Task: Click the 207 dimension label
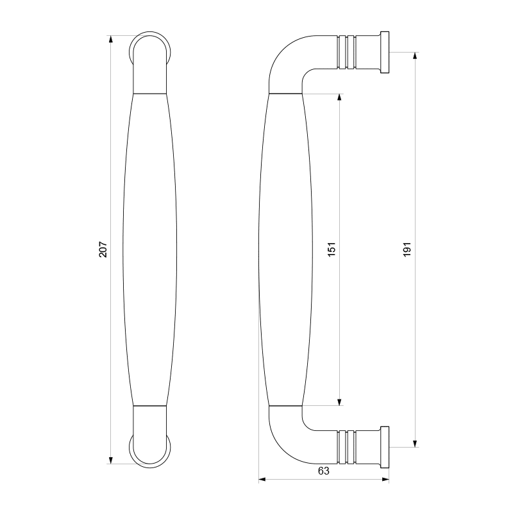pyautogui.click(x=103, y=249)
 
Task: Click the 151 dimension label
pyautogui.click(x=332, y=249)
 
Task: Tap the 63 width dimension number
pyautogui.click(x=323, y=471)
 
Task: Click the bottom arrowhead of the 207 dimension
pyautogui.click(x=111, y=460)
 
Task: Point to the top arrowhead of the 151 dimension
pyautogui.click(x=339, y=98)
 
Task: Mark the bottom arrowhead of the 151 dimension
pyautogui.click(x=339, y=401)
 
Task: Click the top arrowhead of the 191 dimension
pyautogui.click(x=416, y=56)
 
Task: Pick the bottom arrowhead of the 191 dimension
pyautogui.click(x=416, y=442)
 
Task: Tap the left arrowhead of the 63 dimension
pyautogui.click(x=262, y=479)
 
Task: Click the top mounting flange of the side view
pyautogui.click(x=384, y=52)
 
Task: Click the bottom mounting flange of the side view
pyautogui.click(x=384, y=447)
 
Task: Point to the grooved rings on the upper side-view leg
pyautogui.click(x=346, y=52)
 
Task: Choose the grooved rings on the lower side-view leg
pyautogui.click(x=346, y=447)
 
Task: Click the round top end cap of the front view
pyautogui.click(x=152, y=48)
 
